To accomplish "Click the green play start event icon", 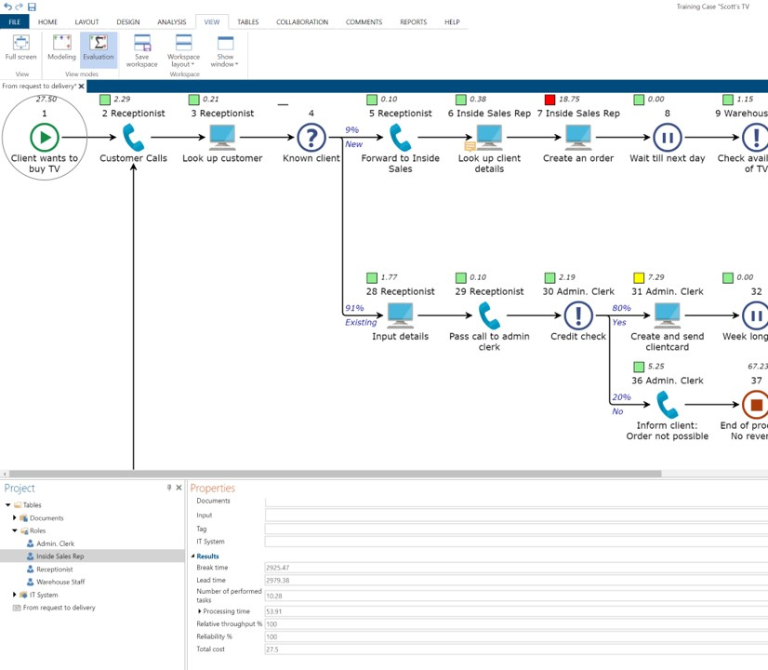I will [44, 138].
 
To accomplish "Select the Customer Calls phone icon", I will [133, 138].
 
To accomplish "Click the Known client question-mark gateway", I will [311, 138].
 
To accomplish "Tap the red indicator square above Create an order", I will [550, 100].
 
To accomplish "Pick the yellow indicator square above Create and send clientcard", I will [639, 278].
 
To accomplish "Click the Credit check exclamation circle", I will [578, 316].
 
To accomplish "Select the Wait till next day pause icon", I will [667, 138].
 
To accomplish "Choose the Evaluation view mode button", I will [98, 48].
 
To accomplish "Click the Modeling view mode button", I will [61, 48].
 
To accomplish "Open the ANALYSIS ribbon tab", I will [171, 21].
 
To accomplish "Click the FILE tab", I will [14, 21].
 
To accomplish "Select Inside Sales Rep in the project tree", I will [60, 556].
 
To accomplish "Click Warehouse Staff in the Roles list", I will [60, 582].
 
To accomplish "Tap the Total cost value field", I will [516, 650].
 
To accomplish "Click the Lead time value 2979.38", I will [516, 581].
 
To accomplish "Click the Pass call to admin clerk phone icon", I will [489, 316].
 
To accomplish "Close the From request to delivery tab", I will [82, 87].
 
